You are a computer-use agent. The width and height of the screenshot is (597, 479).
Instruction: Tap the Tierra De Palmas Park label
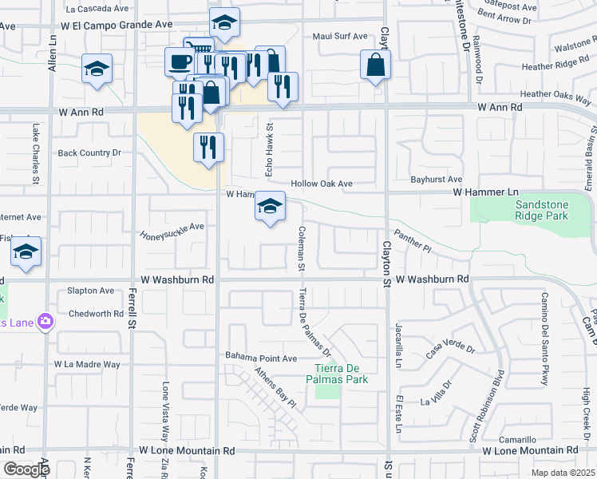click(341, 374)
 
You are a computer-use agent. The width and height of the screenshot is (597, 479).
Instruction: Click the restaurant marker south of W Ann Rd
click(208, 147)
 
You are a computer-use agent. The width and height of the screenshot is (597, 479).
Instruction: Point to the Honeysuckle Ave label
click(172, 231)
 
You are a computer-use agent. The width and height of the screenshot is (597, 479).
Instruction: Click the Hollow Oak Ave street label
click(322, 184)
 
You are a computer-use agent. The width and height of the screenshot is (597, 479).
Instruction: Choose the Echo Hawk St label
click(270, 149)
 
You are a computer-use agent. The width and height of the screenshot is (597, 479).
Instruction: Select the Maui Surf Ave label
click(340, 36)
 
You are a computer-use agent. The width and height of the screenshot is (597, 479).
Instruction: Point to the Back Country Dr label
click(89, 152)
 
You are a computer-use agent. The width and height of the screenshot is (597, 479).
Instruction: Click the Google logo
click(26, 469)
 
